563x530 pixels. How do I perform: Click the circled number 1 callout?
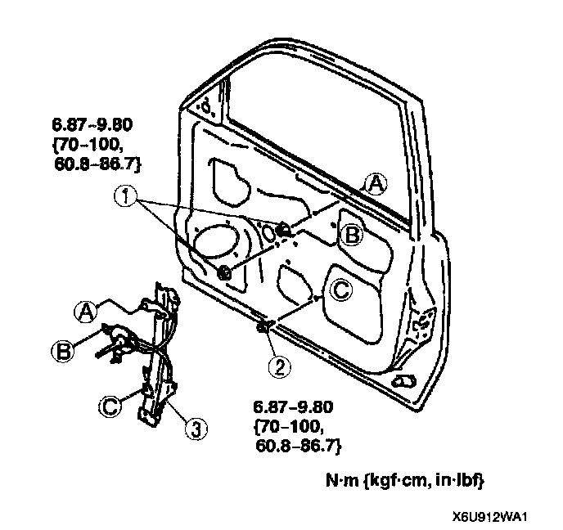(125, 196)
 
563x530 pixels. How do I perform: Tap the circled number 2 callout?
(280, 367)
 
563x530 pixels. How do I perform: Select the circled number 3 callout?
(196, 429)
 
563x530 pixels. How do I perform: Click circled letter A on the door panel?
(376, 184)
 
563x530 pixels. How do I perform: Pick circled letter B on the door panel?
(351, 236)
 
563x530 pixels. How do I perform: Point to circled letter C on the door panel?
(341, 290)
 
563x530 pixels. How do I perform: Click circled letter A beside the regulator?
(86, 312)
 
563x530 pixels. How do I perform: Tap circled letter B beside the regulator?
(63, 351)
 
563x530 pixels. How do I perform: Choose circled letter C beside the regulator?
(110, 406)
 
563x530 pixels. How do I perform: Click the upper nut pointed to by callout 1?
(285, 229)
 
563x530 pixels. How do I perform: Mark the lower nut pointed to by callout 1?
(224, 273)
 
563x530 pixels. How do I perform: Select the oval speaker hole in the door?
(216, 241)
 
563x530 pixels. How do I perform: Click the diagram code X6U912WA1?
(489, 517)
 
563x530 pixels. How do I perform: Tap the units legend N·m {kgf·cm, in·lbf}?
(404, 480)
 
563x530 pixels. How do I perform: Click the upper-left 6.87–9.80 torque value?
(92, 124)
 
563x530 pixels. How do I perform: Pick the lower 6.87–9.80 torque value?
(293, 407)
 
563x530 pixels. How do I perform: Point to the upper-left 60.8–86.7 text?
(97, 164)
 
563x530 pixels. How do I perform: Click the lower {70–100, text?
(286, 427)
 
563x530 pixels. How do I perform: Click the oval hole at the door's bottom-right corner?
(403, 381)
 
